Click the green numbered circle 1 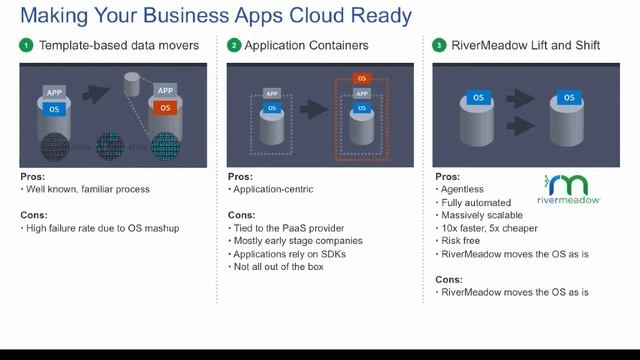tap(27, 45)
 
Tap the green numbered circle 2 tap(234, 45)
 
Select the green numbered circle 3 tap(439, 45)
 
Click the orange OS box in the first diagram tap(165, 108)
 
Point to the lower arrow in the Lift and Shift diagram tap(522, 127)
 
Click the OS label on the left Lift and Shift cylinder tap(477, 98)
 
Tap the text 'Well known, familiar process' tap(88, 189)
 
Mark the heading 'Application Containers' tap(306, 45)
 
